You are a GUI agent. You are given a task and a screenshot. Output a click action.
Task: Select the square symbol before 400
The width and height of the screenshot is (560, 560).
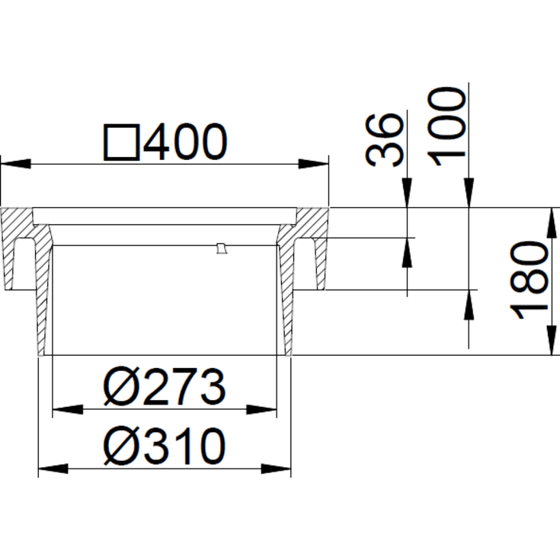122,143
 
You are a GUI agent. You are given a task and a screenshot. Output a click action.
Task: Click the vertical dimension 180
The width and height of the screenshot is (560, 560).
530,281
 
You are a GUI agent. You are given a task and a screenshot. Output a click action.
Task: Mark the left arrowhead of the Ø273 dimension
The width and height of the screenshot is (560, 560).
64,411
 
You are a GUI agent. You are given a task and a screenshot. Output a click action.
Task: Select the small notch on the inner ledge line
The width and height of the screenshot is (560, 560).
221,248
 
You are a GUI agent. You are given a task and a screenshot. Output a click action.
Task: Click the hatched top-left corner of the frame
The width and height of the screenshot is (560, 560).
17,225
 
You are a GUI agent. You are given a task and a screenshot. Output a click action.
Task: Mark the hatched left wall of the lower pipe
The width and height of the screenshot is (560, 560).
43,305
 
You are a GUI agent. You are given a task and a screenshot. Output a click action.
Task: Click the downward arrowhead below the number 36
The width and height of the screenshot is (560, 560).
408,194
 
